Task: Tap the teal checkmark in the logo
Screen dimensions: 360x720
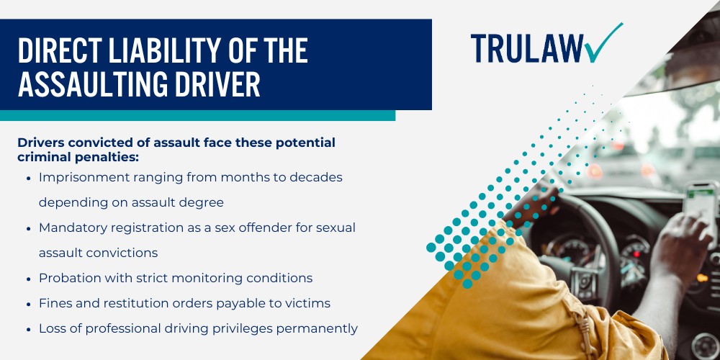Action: point(603,43)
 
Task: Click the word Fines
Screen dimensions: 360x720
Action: point(55,303)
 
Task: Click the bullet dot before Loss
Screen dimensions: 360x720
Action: point(27,328)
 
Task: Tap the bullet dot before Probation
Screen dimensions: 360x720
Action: point(27,278)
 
